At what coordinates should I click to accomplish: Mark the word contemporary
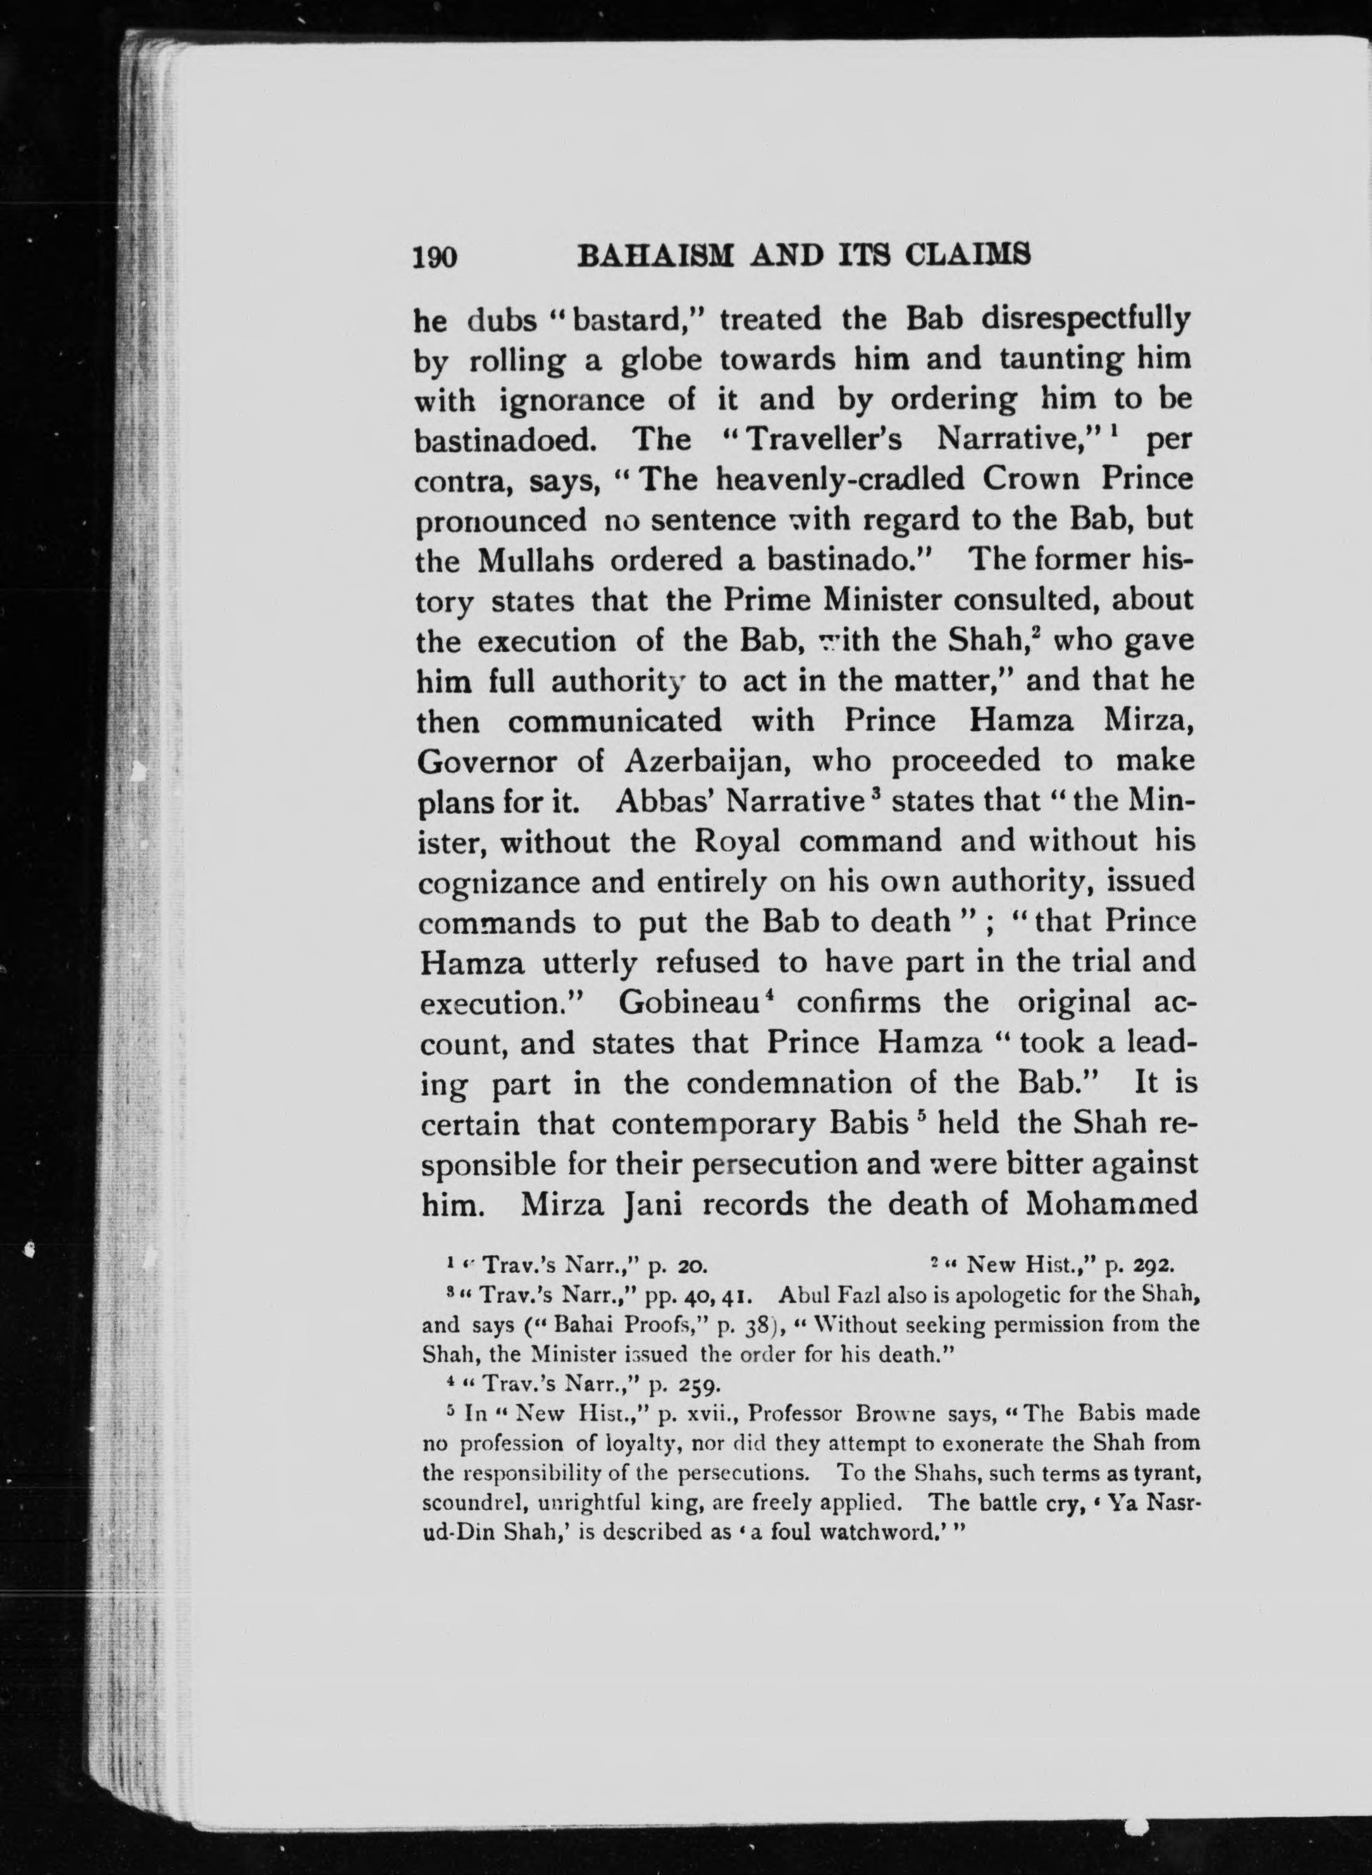click(x=714, y=1124)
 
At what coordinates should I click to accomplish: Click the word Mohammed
click(x=1111, y=1203)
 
